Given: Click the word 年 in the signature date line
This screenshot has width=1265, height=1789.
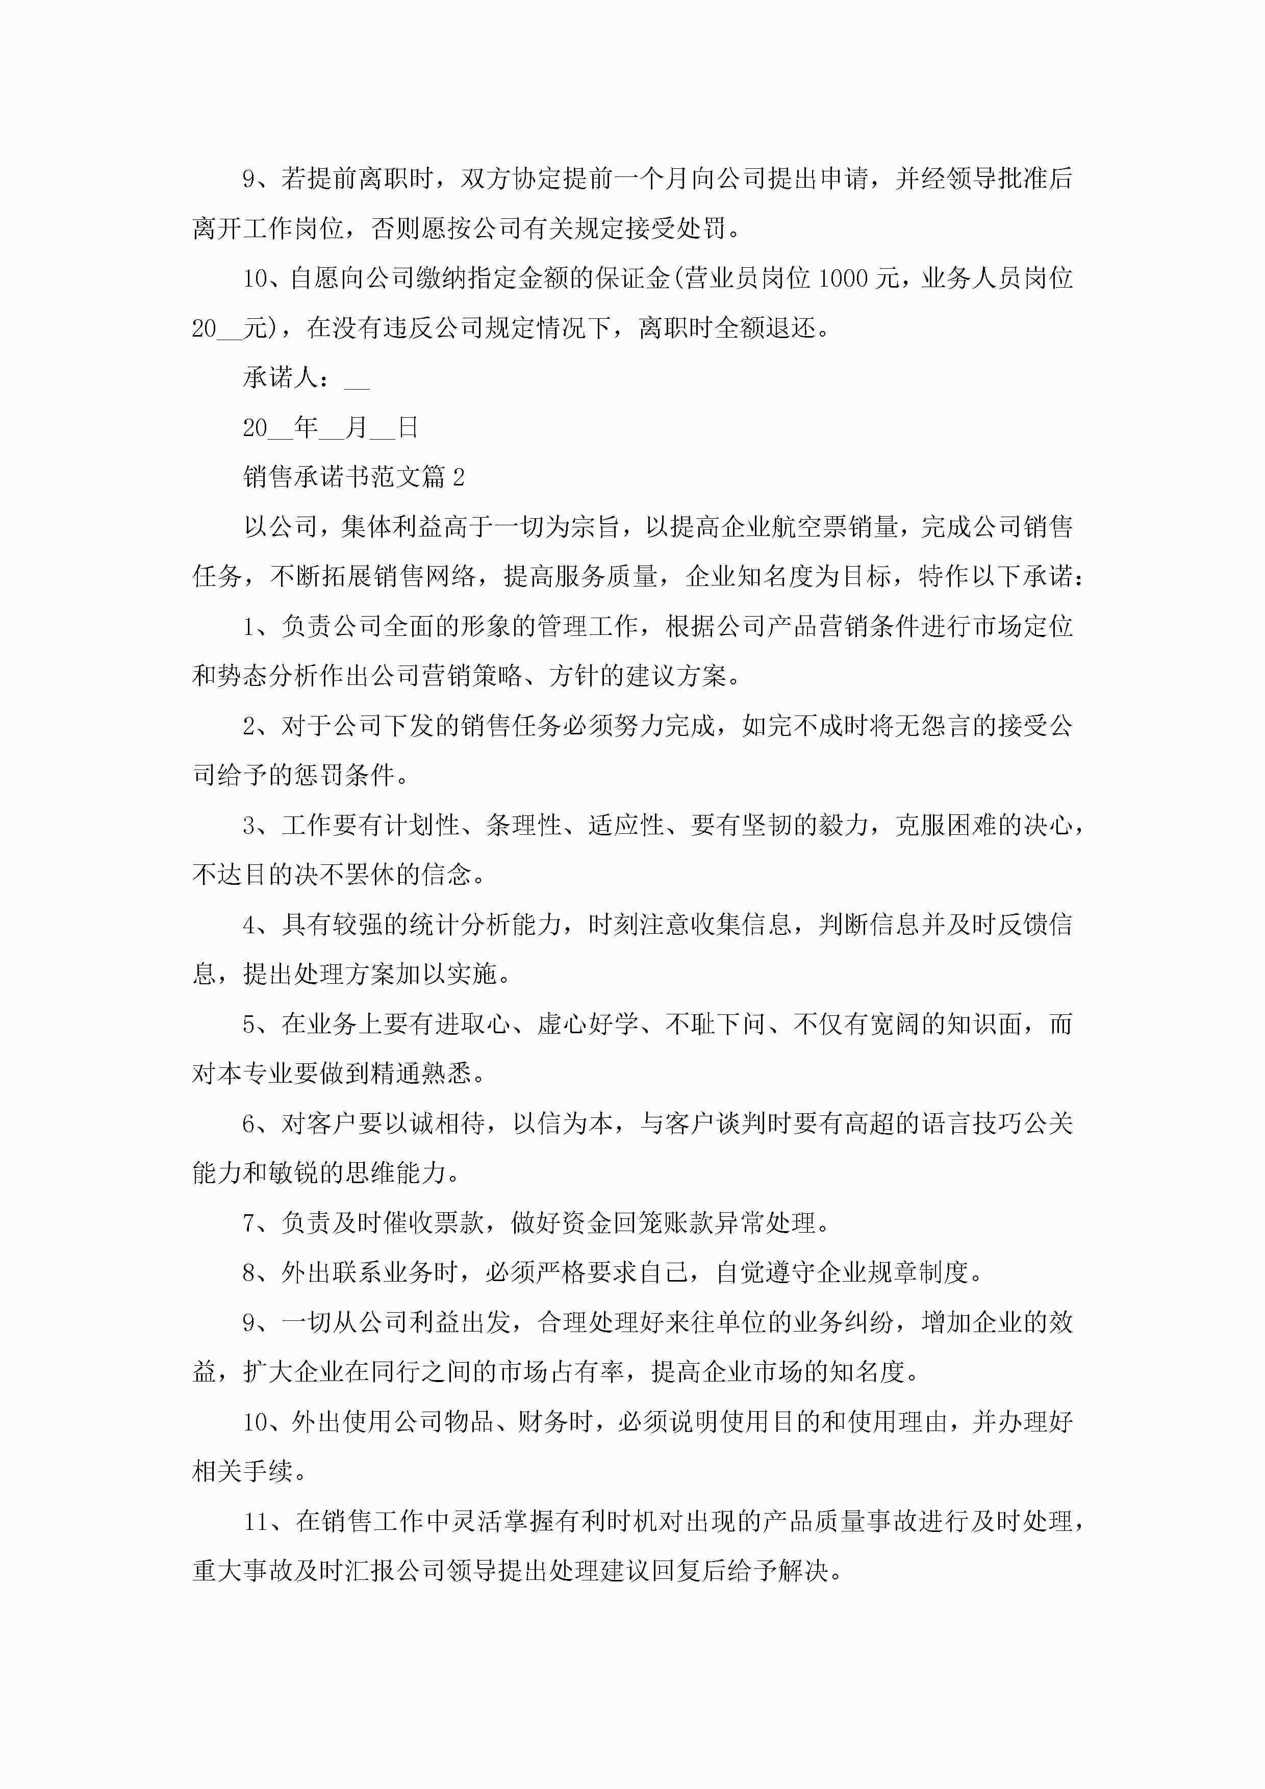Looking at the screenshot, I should [306, 427].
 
